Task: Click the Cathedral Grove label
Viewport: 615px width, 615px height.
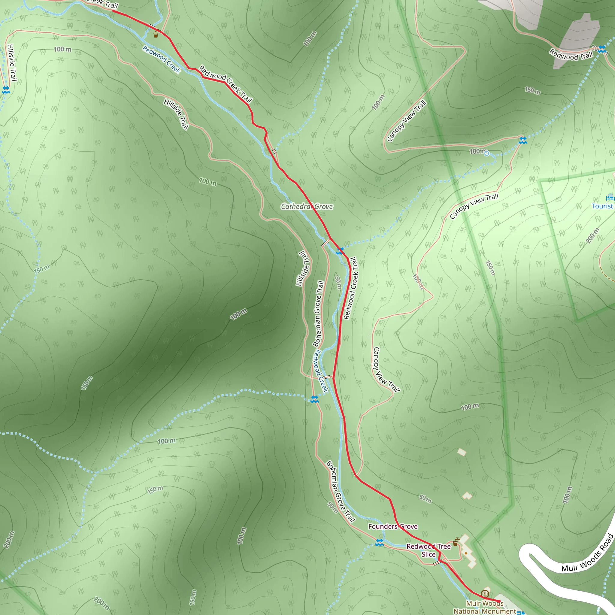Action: pos(307,207)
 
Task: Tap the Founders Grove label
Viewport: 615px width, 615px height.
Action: pos(393,526)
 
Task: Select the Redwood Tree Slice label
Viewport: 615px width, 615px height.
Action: pos(429,550)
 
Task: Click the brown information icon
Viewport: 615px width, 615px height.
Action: pos(485,594)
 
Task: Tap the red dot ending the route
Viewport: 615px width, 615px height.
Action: pos(499,601)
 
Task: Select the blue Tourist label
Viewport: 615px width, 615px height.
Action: pos(602,206)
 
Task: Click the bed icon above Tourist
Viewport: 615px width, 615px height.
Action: pos(610,197)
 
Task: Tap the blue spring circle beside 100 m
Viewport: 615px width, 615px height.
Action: pos(486,154)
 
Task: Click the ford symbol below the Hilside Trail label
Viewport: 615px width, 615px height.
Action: pos(6,90)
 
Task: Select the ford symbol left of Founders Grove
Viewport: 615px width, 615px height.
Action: pos(379,543)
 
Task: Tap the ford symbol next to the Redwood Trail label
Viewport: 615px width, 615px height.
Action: pos(602,49)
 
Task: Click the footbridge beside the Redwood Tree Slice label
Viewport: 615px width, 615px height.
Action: pos(439,562)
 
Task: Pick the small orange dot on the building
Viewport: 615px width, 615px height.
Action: pos(466,553)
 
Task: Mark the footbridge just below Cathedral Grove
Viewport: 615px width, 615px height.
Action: pos(325,244)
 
